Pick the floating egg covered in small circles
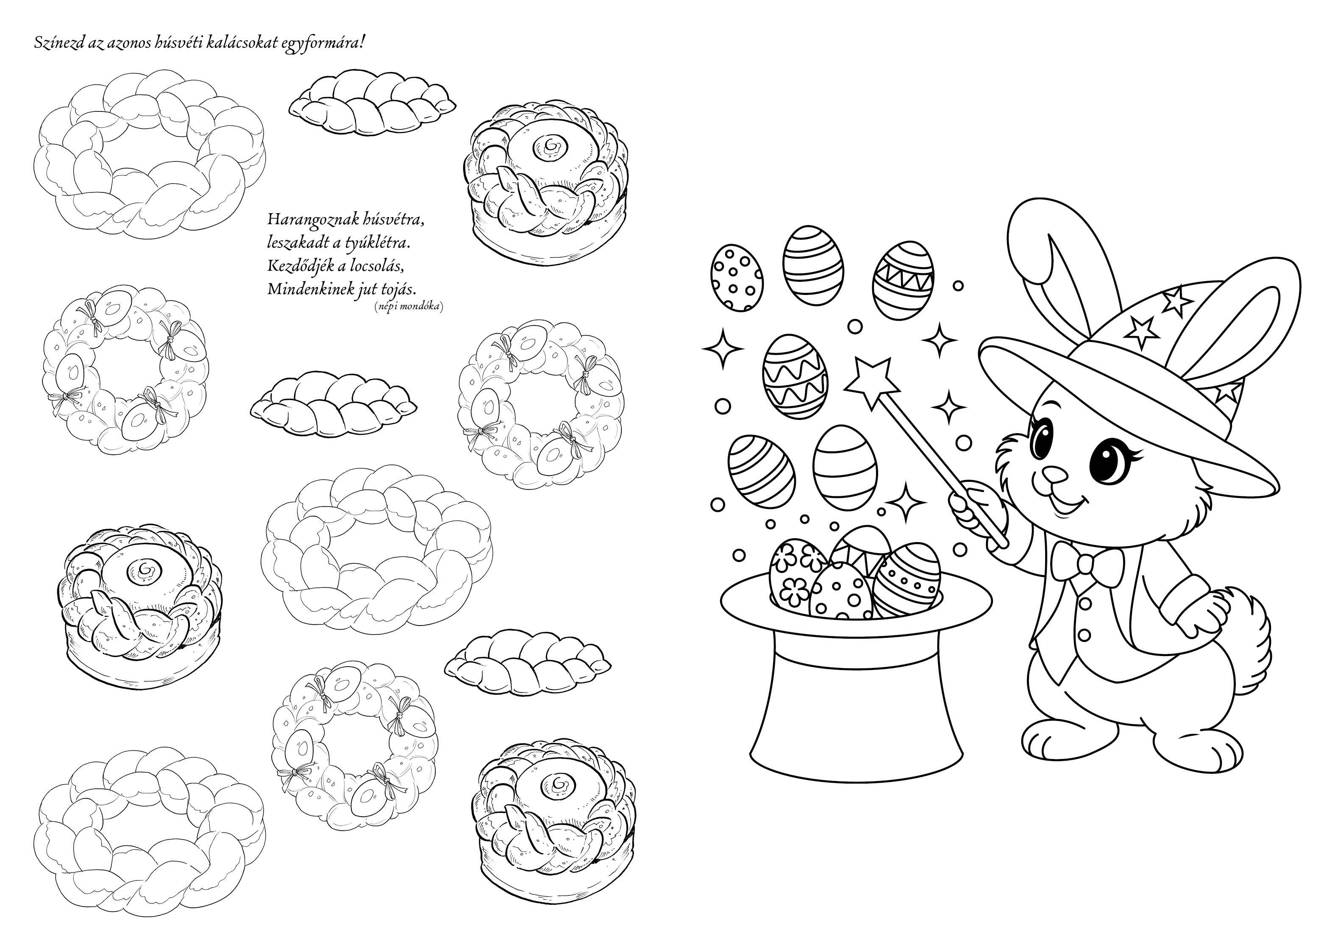coord(737,277)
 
